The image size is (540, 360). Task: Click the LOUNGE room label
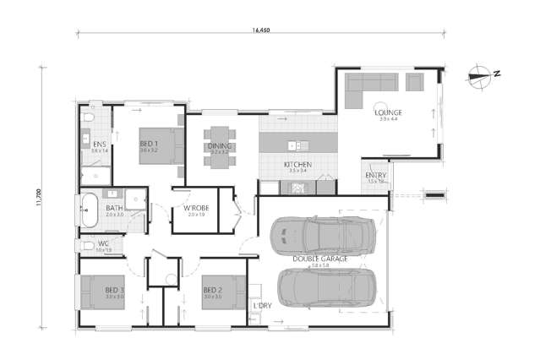pos(390,112)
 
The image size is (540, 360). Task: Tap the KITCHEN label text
pos(298,165)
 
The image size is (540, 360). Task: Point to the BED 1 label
pos(149,145)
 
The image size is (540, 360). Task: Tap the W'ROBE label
pos(196,209)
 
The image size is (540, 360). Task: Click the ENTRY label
pos(375,176)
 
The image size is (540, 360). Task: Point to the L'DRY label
pos(262,305)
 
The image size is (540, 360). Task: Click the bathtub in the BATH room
pos(88,210)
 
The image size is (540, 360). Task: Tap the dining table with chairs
pos(218,145)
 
